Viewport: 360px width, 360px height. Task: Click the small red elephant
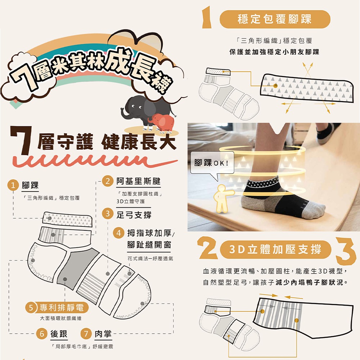pos(162,122)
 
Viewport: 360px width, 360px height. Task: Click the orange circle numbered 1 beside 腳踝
pos(13,185)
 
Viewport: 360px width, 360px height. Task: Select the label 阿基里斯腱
pos(138,181)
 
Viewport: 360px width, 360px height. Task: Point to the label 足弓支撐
pos(134,215)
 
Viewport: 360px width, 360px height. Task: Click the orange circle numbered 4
pos(119,233)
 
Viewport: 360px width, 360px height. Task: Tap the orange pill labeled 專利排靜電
pos(57,307)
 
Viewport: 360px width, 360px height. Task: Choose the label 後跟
pos(59,334)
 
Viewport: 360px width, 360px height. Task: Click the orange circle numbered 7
pos(86,333)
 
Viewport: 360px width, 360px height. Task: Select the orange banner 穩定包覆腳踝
pos(275,19)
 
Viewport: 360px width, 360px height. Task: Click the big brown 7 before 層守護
pos(21,140)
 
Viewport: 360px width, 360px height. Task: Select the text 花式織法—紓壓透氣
pos(150,258)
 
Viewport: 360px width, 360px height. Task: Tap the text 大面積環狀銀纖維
pos(60,318)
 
